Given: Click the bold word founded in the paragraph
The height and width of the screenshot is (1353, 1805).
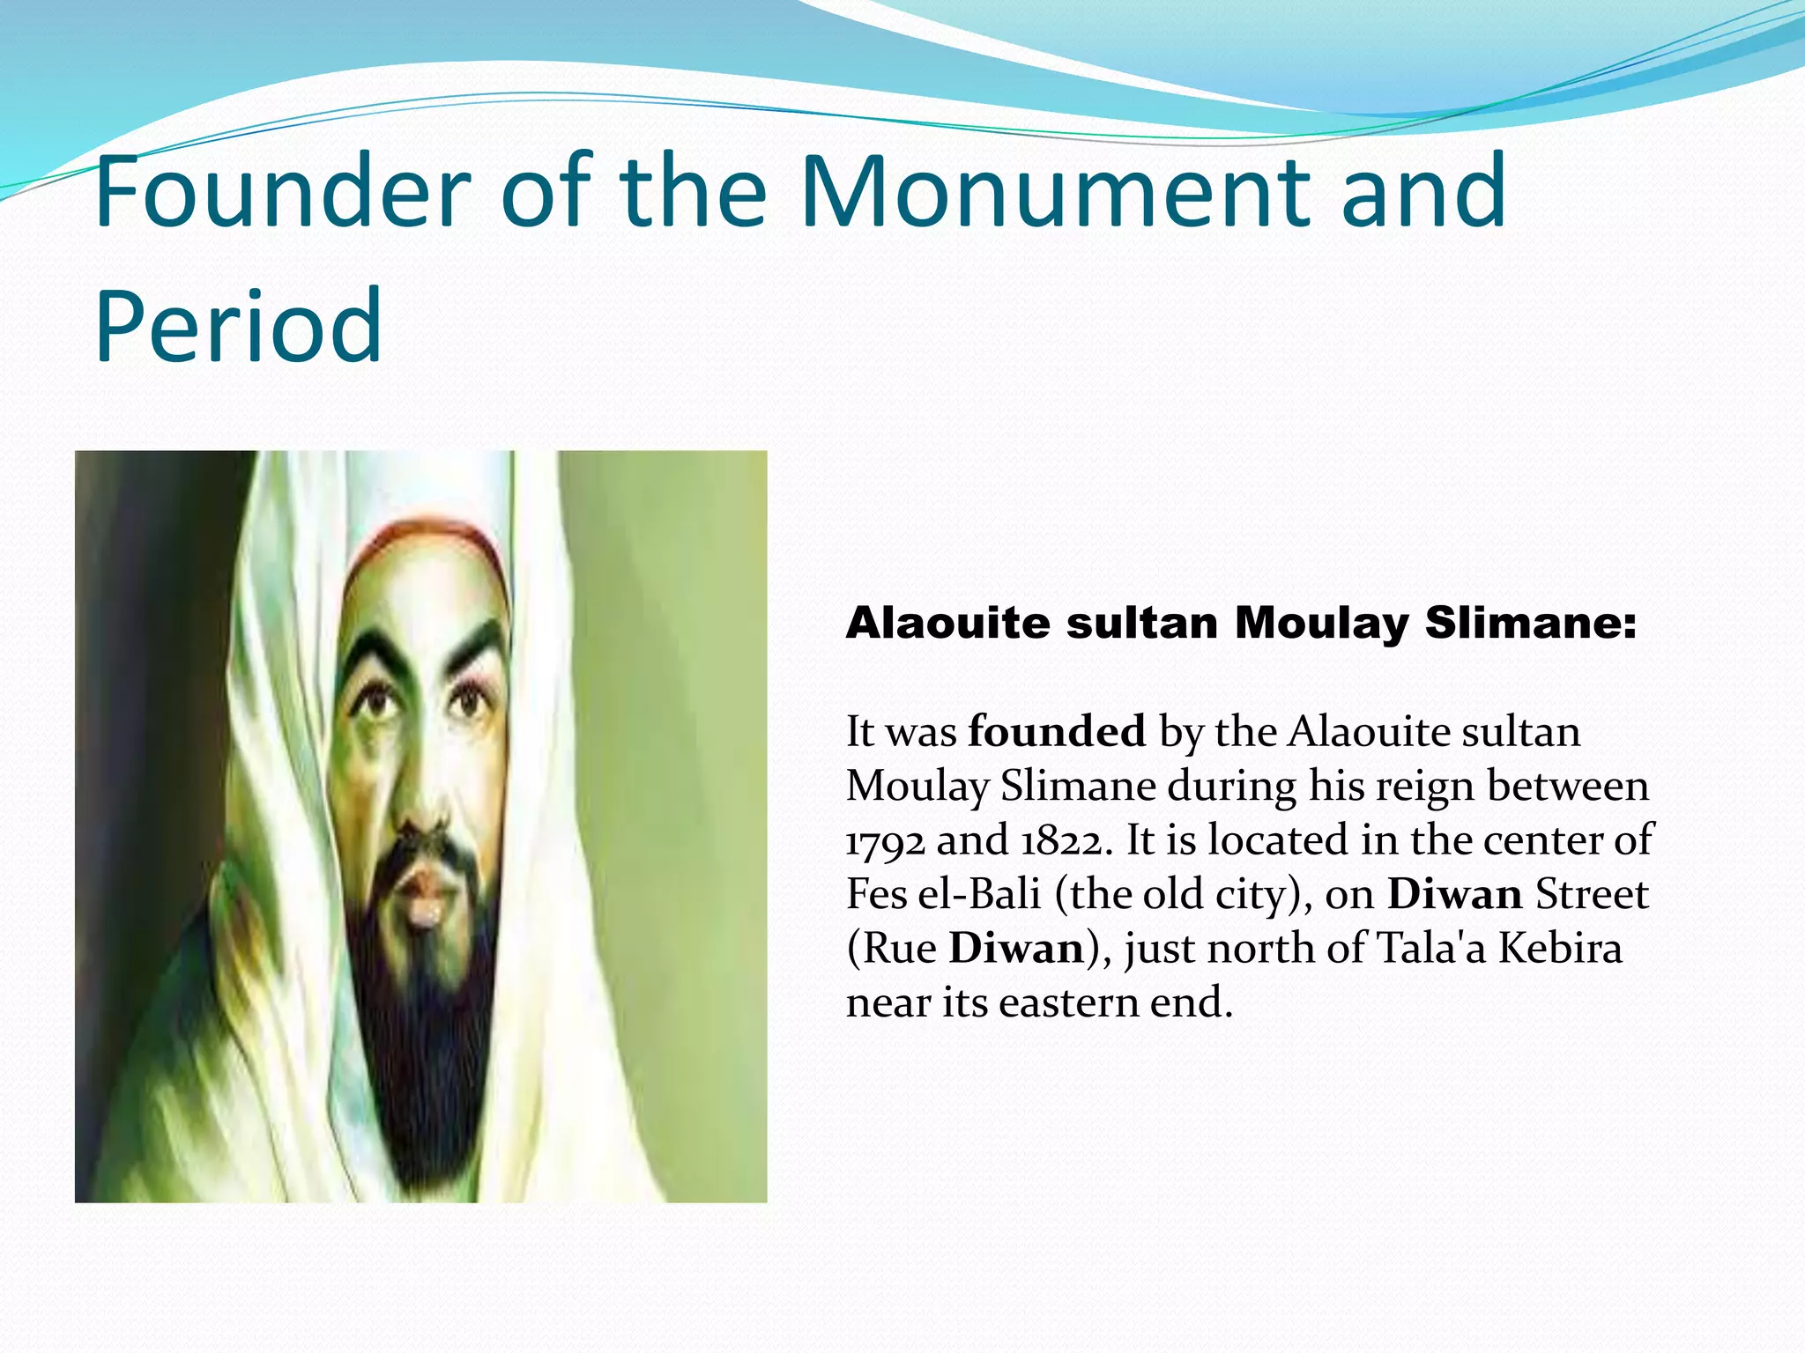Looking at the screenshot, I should tap(1057, 731).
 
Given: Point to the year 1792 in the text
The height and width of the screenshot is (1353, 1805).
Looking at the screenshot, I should tap(885, 840).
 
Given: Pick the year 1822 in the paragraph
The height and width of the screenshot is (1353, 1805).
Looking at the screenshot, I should tap(1061, 840).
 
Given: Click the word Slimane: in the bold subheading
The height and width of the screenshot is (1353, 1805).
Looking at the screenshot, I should tap(1531, 623).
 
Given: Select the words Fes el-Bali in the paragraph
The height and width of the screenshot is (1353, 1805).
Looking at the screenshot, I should tap(943, 894).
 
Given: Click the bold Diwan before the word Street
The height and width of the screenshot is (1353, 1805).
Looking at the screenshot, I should tap(1455, 894).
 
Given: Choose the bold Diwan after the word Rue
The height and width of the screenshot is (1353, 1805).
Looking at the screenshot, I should tap(1016, 949).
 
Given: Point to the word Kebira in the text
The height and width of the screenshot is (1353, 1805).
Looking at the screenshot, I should tap(1560, 949).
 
